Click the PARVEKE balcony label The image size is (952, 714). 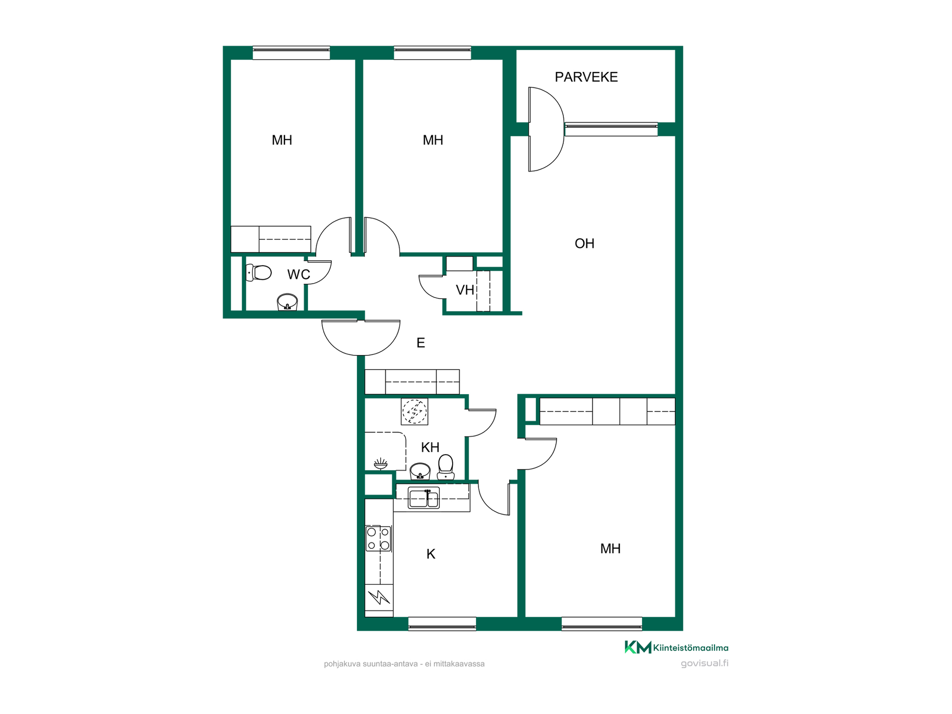click(586, 77)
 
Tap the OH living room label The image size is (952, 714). click(585, 243)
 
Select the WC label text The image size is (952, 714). click(298, 274)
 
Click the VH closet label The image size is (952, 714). click(465, 290)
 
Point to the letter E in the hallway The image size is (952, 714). click(421, 343)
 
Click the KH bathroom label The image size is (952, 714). click(430, 447)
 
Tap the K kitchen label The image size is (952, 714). click(431, 554)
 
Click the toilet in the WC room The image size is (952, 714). click(259, 273)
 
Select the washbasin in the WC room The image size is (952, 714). click(287, 302)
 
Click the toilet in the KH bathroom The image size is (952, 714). click(446, 467)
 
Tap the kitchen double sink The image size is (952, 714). click(423, 498)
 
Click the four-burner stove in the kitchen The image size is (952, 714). click(378, 538)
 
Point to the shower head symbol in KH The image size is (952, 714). click(380, 464)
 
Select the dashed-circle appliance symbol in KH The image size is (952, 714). click(415, 412)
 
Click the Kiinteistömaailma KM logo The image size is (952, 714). click(676, 647)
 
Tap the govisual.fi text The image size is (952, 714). click(705, 663)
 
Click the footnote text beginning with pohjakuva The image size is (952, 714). click(404, 664)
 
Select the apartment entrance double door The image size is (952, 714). click(361, 338)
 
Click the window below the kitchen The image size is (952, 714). click(442, 624)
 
